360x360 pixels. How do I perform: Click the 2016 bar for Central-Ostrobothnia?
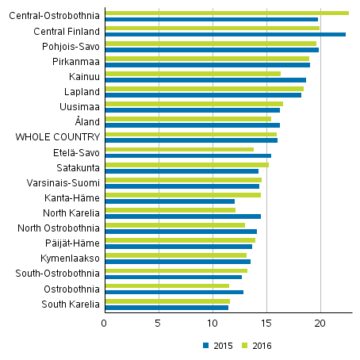[x=227, y=13]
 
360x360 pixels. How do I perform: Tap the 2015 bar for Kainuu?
[x=205, y=80]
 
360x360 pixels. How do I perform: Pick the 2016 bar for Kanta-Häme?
[x=182, y=195]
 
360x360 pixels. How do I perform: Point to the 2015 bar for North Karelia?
[x=182, y=216]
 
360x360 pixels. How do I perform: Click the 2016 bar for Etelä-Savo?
[x=179, y=149]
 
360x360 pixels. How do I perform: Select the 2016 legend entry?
[x=257, y=345]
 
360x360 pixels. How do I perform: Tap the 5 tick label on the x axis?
[x=159, y=324]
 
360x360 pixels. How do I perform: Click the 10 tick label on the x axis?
[x=213, y=324]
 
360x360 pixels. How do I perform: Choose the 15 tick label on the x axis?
[x=266, y=324]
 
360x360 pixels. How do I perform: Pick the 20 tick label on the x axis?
[x=320, y=324]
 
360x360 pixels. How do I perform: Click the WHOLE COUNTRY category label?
[x=58, y=137]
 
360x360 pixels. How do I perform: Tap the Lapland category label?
[x=82, y=92]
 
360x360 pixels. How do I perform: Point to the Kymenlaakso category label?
[x=70, y=259]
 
